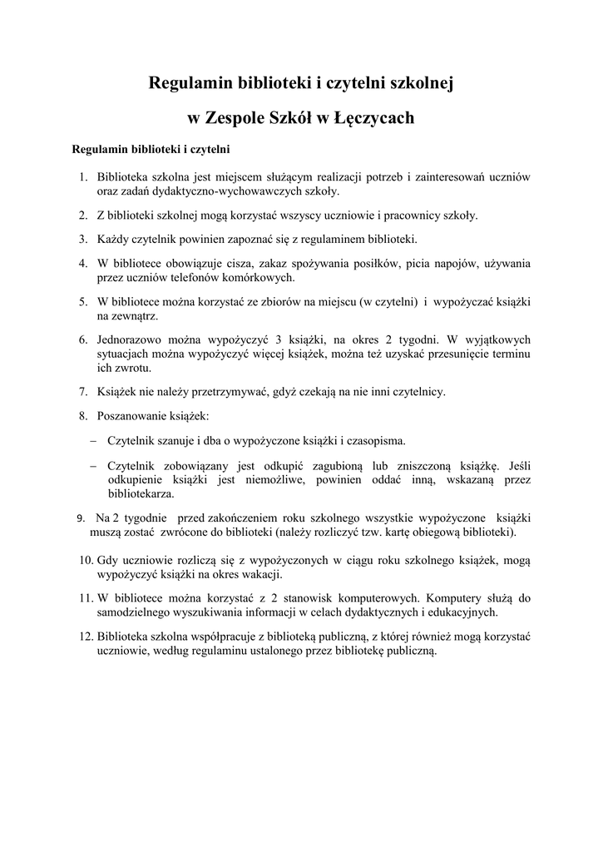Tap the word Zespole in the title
235,118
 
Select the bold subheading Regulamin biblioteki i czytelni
151,150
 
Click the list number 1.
83,176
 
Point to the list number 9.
80,518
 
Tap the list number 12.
85,637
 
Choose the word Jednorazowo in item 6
131,339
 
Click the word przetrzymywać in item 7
205,390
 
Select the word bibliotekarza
141,493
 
